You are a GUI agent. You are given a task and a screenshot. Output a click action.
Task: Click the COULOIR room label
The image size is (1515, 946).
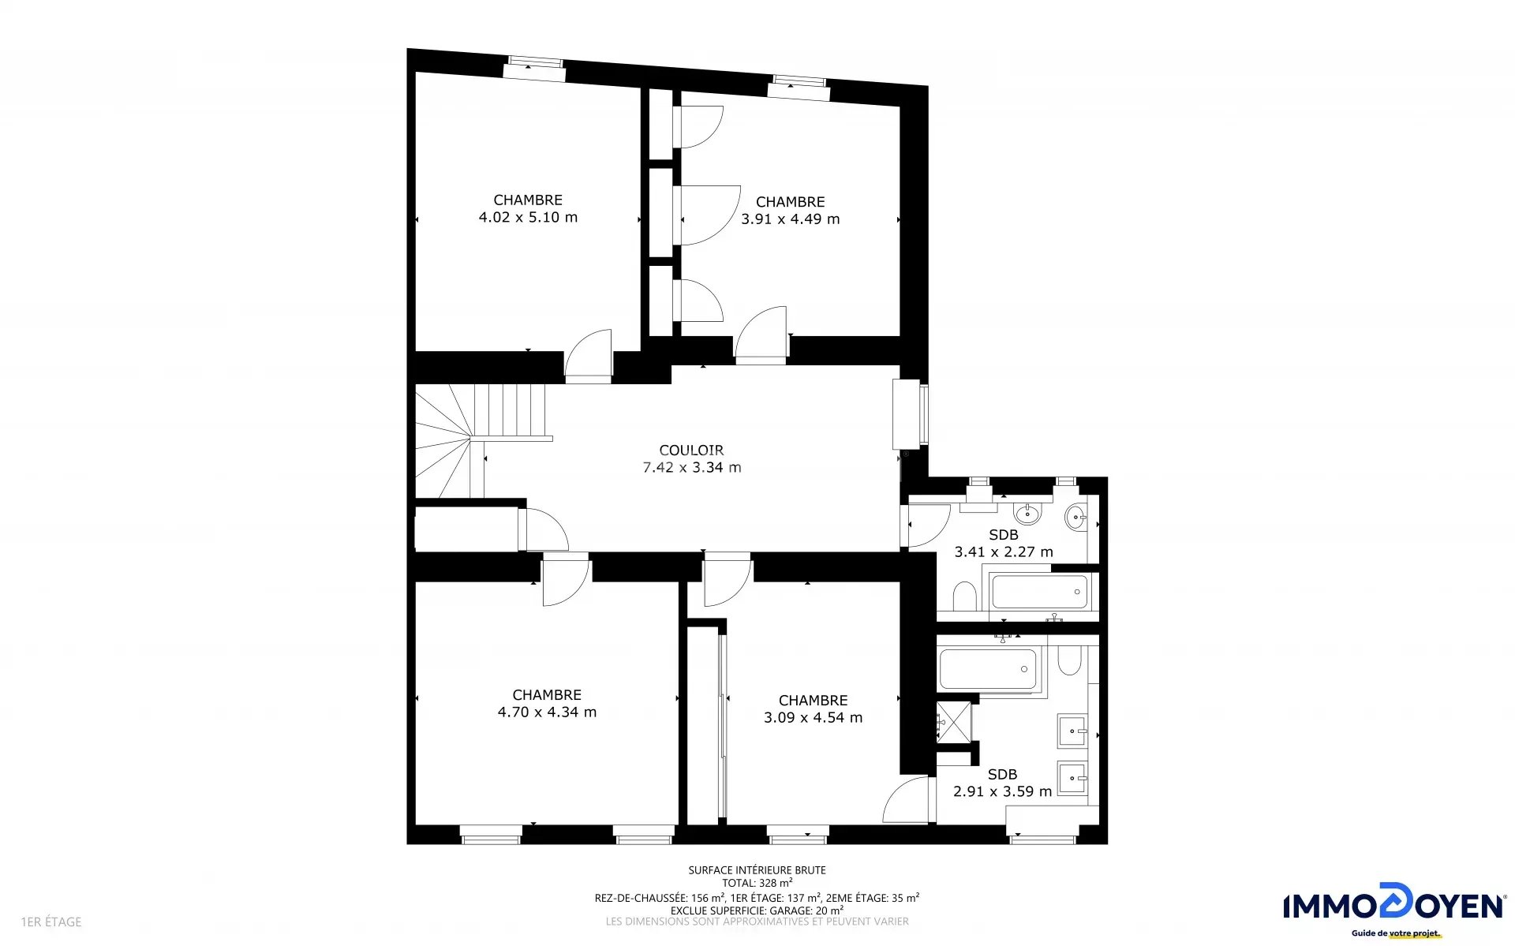pyautogui.click(x=691, y=451)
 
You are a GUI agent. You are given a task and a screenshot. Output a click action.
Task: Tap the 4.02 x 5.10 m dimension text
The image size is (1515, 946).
pyautogui.click(x=528, y=218)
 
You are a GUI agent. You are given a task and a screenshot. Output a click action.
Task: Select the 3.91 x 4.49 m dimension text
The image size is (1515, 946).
pyautogui.click(x=790, y=219)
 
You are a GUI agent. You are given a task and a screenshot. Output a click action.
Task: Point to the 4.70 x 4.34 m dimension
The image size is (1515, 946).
pyautogui.click(x=547, y=712)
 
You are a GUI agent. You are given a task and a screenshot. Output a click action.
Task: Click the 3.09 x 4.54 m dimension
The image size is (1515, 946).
pyautogui.click(x=813, y=718)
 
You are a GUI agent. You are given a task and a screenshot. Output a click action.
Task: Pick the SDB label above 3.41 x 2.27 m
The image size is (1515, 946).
pyautogui.click(x=1004, y=535)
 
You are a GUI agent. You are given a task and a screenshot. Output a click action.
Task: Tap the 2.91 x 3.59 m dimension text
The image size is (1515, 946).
pyautogui.click(x=1002, y=792)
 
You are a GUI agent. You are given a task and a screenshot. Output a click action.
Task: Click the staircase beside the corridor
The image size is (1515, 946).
pyautogui.click(x=481, y=440)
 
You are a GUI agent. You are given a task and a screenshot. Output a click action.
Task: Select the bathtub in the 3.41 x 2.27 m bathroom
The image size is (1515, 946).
pyautogui.click(x=1039, y=592)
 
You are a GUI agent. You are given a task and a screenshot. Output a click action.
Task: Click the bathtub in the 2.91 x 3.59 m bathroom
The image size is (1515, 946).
pyautogui.click(x=988, y=670)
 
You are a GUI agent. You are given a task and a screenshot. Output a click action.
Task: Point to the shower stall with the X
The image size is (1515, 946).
pyautogui.click(x=954, y=722)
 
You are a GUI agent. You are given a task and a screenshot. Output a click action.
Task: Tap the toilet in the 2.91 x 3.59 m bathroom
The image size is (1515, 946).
pyautogui.click(x=1069, y=660)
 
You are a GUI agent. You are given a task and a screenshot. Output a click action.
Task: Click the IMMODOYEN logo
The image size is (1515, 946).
pyautogui.click(x=1393, y=910)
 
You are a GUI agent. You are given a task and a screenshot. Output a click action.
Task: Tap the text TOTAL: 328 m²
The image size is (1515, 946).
pyautogui.click(x=757, y=884)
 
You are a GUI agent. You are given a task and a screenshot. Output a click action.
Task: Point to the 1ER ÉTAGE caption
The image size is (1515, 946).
pyautogui.click(x=51, y=922)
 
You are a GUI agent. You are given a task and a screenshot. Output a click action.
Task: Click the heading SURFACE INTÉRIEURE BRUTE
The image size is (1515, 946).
pyautogui.click(x=757, y=870)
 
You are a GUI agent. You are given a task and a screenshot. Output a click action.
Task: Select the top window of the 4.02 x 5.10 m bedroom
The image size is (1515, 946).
pyautogui.click(x=535, y=69)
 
